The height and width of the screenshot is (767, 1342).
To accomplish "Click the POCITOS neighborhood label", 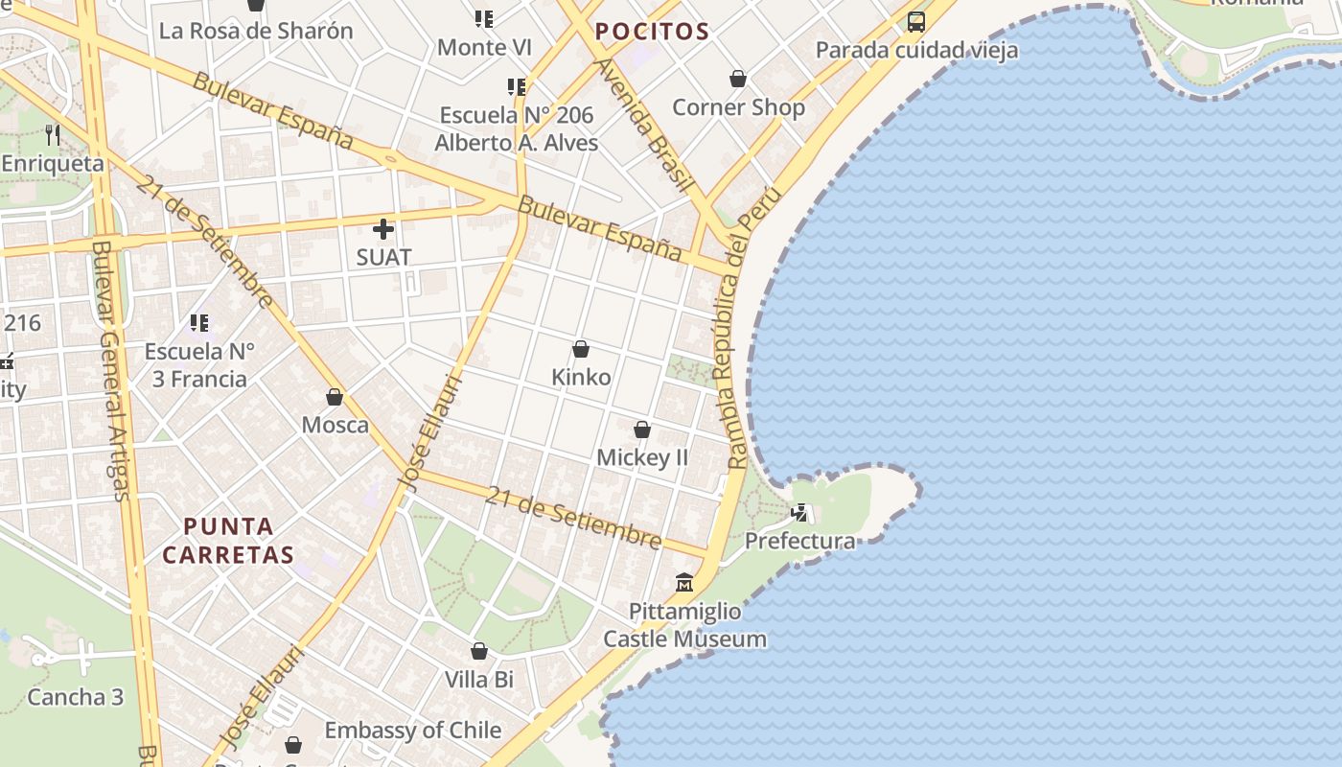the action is pos(652,32).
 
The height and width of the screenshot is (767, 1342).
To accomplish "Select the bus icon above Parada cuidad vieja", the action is pos(916,21).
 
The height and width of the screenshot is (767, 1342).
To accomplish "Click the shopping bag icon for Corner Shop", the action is pos(738,79).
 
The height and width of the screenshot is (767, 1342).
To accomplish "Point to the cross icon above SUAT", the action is pos(383,229).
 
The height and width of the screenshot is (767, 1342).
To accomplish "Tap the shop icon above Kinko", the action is pos(581,349).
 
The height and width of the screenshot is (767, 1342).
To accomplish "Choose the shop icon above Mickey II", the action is pos(642,430).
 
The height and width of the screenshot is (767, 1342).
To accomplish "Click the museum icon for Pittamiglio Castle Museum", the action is pos(684,582).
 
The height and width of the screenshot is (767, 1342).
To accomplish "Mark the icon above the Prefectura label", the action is pos(799,513).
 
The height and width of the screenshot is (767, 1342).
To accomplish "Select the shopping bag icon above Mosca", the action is pos(335,397).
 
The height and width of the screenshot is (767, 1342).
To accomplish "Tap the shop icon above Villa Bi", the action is pos(479,652).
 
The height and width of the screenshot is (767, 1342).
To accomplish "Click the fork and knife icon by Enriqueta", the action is pos(53,135).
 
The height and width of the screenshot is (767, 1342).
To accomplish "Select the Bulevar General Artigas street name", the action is pos(112,369).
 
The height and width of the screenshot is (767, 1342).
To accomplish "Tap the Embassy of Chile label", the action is pos(413,731).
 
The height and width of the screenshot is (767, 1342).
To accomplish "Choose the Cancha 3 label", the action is pos(76,697).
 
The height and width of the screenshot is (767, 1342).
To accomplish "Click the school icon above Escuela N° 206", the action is pos(517,87).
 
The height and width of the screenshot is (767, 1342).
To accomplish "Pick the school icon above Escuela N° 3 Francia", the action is pos(199,323).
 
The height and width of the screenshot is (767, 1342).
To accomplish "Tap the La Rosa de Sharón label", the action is pos(256,31).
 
